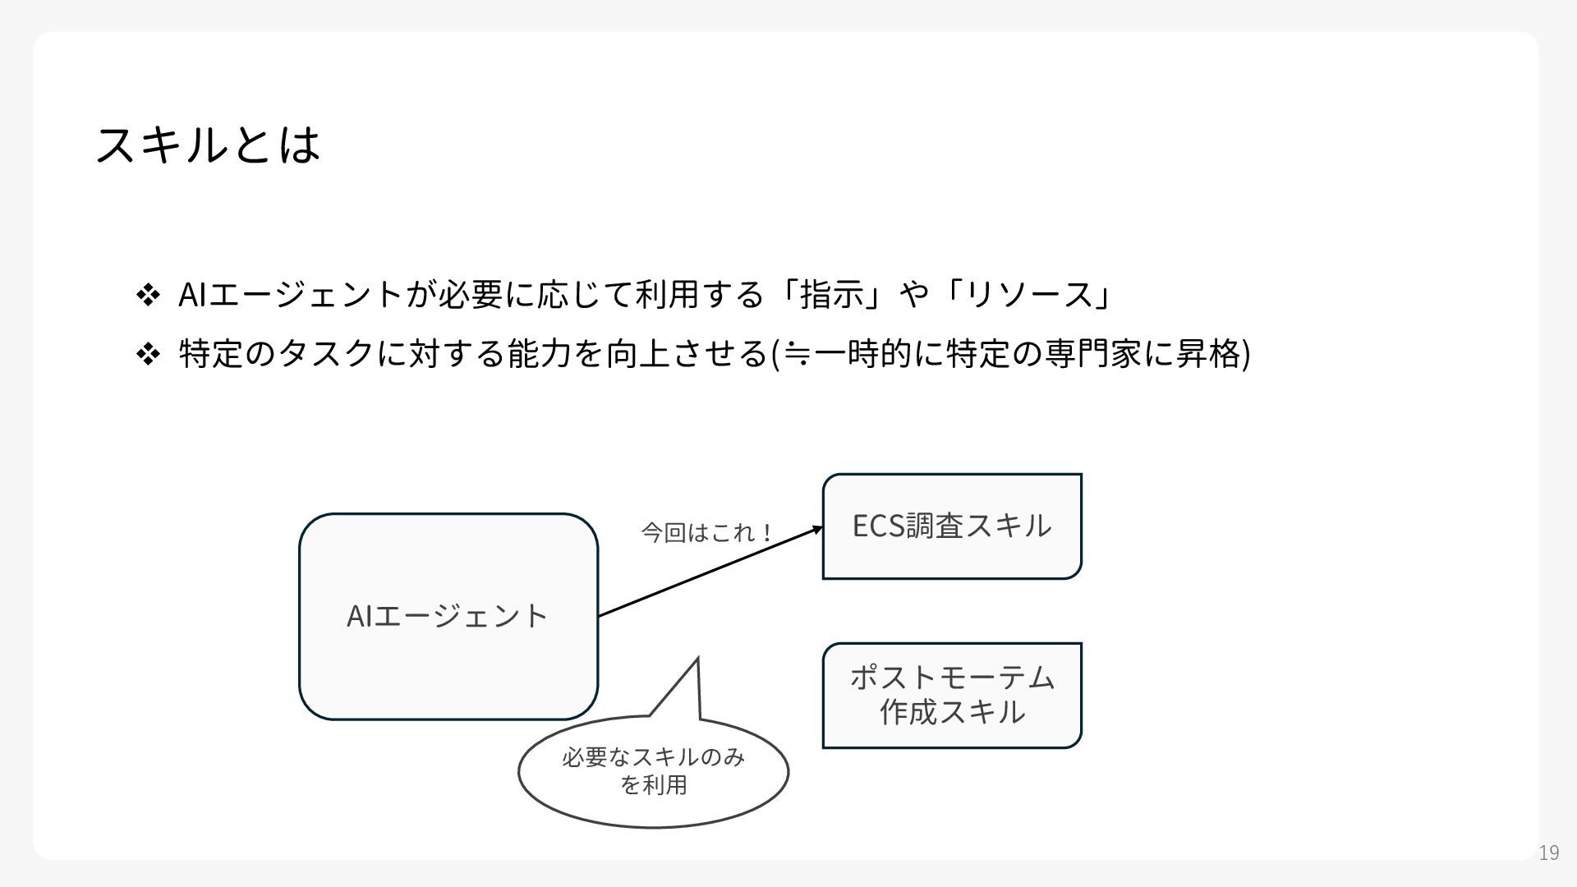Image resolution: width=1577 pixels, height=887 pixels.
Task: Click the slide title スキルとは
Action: (207, 145)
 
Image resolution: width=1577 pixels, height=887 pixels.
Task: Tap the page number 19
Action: (1548, 853)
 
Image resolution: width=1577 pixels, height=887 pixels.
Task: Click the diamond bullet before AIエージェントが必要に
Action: (148, 294)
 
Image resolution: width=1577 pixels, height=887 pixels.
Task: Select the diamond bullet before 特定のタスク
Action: (148, 355)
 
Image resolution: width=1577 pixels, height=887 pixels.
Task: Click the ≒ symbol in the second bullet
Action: (795, 355)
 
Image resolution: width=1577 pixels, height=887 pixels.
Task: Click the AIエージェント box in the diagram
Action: (448, 616)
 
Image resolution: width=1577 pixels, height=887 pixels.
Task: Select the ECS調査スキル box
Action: (952, 526)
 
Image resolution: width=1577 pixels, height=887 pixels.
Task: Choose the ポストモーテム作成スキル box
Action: (952, 696)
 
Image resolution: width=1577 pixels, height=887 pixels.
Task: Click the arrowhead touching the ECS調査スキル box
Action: (818, 530)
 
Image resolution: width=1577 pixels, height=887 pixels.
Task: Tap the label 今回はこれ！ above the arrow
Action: (706, 533)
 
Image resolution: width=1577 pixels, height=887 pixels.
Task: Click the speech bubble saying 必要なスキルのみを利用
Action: (653, 772)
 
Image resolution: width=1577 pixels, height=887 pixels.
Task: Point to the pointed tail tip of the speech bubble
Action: (697, 660)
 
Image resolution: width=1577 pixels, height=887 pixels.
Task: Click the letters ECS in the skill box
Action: (878, 526)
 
